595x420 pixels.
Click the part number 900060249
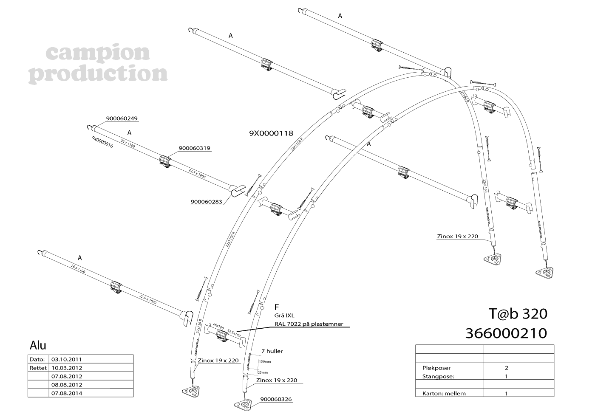point(122,118)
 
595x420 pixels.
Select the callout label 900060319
point(194,148)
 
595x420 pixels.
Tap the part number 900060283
point(206,202)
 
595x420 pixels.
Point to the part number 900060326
point(276,399)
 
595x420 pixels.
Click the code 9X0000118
point(271,133)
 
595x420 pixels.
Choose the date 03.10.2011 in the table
point(67,359)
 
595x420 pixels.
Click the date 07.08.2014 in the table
point(67,393)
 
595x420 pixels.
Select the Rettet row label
point(38,368)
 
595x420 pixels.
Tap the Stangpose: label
point(438,376)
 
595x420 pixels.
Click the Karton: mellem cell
point(444,393)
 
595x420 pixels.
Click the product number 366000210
point(506,333)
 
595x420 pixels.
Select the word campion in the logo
point(97,53)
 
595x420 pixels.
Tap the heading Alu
point(38,345)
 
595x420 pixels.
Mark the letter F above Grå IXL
point(276,307)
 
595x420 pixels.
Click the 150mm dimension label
point(264,361)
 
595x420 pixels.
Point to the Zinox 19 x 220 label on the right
point(457,237)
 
